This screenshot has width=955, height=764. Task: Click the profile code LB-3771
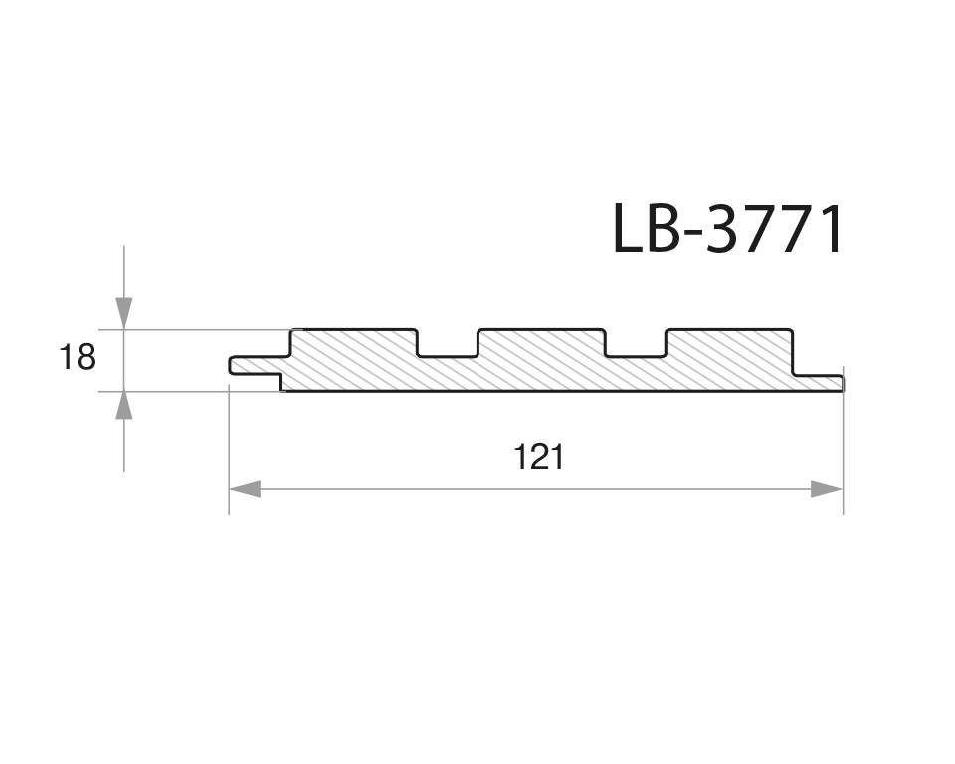(x=727, y=229)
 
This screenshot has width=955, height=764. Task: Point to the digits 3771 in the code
(x=777, y=229)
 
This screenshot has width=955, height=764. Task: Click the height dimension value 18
(x=77, y=356)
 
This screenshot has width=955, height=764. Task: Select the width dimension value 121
(x=538, y=457)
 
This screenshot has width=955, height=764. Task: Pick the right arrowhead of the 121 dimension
(x=827, y=489)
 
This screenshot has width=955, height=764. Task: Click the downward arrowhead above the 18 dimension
(x=123, y=312)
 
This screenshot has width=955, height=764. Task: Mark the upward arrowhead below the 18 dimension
(x=123, y=406)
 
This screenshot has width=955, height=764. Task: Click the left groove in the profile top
(x=447, y=343)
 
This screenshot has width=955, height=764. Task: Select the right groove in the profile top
(x=636, y=343)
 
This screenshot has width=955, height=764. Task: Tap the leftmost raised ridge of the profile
(x=353, y=343)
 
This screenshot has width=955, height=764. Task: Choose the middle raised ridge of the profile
(x=541, y=343)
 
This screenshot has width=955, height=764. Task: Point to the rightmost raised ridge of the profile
(x=729, y=343)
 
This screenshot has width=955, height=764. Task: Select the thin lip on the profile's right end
(x=821, y=383)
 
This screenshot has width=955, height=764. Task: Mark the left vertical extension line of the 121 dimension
(x=230, y=448)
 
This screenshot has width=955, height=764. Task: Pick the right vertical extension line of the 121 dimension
(x=843, y=448)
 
